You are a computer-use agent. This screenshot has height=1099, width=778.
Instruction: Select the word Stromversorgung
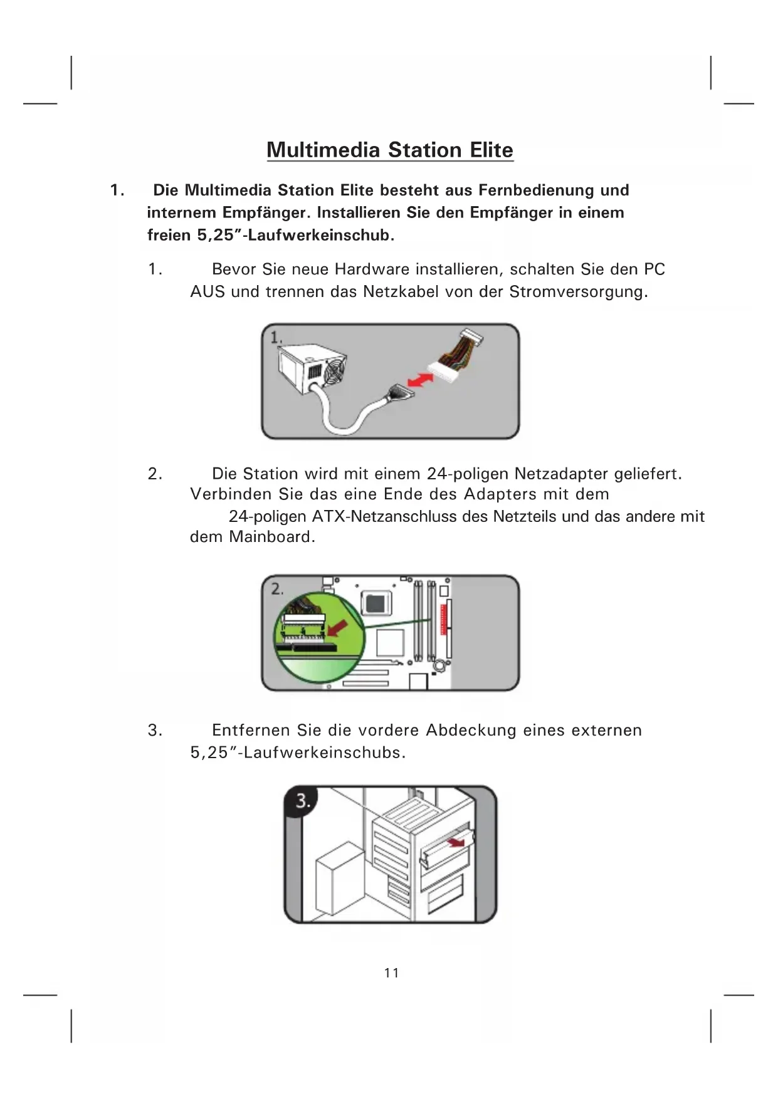[x=578, y=292]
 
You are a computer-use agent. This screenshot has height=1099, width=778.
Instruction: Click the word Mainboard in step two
[x=271, y=537]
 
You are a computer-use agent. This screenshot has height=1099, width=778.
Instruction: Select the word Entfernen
[x=251, y=731]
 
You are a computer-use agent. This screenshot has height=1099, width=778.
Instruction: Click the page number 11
[x=392, y=972]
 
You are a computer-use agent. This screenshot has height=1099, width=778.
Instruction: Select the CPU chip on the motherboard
[x=375, y=603]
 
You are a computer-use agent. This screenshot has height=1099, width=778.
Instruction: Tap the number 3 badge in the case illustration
[x=302, y=801]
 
